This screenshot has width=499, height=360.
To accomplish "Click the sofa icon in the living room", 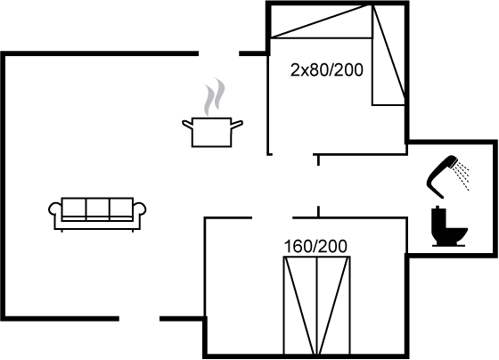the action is tap(97, 214).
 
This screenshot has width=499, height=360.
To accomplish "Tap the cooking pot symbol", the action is tap(212, 132).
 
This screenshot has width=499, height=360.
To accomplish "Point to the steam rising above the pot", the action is tap(214, 97).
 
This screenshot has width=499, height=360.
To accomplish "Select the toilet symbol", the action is tap(449, 226).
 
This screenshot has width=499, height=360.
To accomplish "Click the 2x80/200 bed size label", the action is tap(327, 70).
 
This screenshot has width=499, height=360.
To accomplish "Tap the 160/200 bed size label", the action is tap(315, 247).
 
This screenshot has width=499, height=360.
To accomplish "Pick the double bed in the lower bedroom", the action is tap(317, 305).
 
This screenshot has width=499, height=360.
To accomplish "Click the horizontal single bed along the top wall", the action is tap(322, 21).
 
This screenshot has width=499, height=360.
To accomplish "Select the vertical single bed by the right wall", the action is tap(389, 54).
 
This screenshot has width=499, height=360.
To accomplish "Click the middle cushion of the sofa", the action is tap(98, 209).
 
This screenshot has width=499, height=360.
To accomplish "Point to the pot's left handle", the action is tap(187, 124).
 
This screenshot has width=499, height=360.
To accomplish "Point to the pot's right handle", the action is tap(237, 125).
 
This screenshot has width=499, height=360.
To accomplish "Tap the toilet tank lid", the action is tap(438, 209).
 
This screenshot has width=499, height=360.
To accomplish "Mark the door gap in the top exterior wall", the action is tap(219, 53).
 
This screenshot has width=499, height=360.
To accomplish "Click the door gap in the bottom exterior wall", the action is tap(139, 318).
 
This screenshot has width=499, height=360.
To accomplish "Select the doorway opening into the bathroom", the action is tap(318, 186).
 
